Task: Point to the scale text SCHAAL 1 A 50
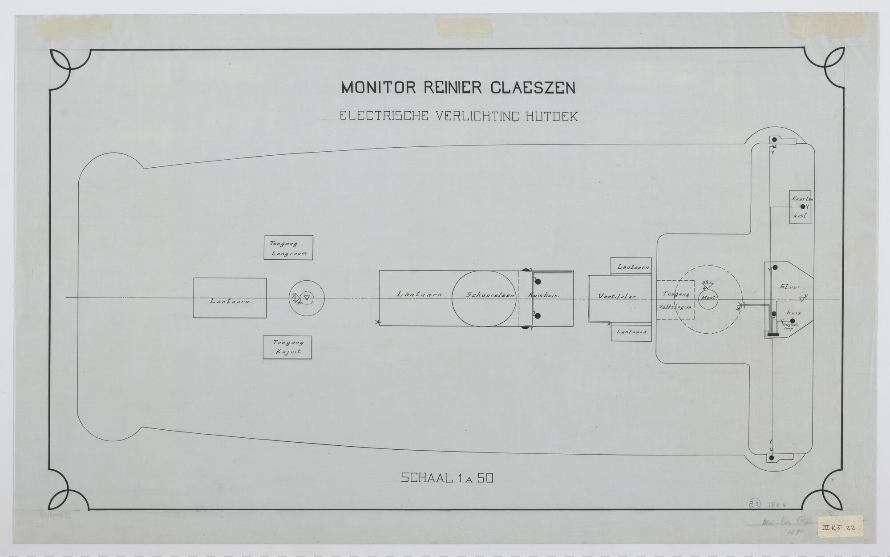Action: (447, 478)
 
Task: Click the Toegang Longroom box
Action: (289, 247)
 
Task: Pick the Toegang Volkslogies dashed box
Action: (676, 300)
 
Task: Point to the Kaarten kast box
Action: (800, 207)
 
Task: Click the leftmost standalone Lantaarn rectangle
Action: (230, 298)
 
